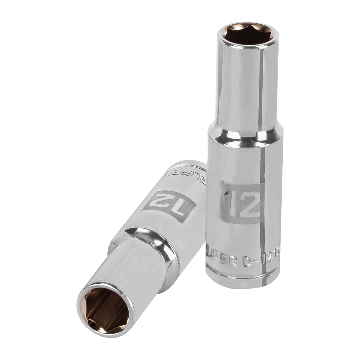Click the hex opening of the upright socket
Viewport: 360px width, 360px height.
[x=247, y=34]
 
